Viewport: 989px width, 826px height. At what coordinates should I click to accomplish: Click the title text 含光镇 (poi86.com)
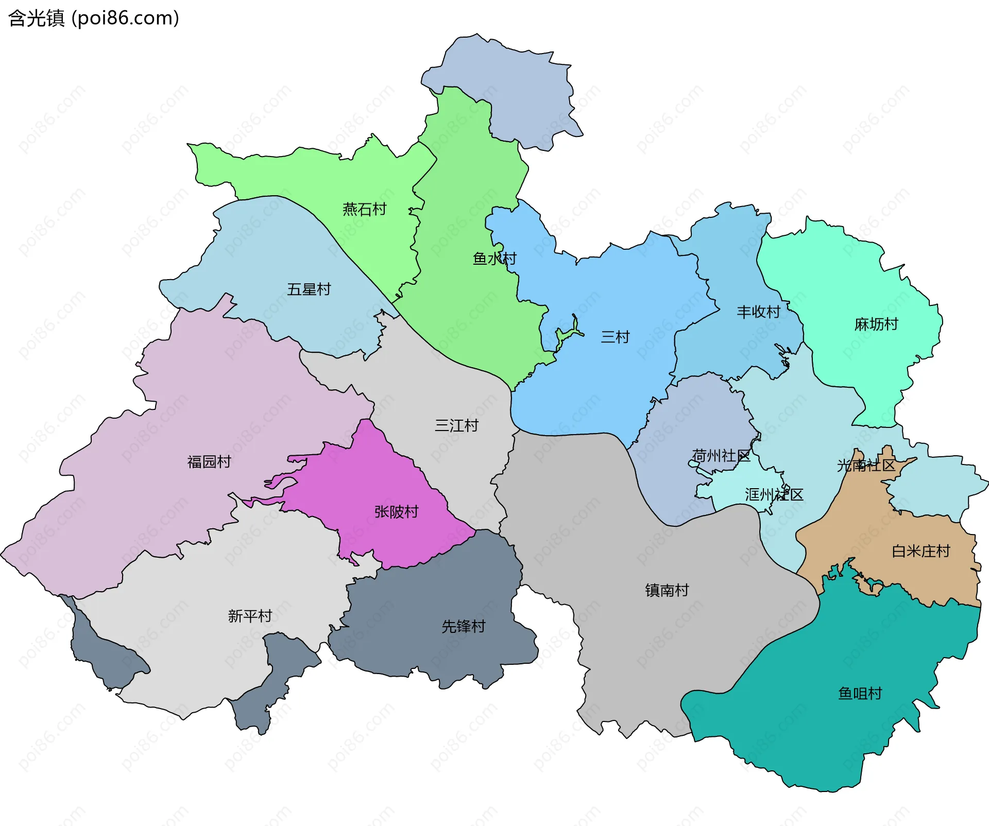pyautogui.click(x=94, y=18)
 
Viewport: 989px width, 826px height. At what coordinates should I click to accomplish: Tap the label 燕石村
pyautogui.click(x=364, y=209)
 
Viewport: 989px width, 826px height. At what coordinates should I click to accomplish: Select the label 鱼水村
pyautogui.click(x=494, y=259)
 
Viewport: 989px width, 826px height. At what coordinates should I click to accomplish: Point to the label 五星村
pyautogui.click(x=309, y=289)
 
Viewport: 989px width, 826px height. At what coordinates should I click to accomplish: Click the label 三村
pyautogui.click(x=615, y=337)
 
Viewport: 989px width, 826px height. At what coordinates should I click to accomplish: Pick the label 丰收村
pyautogui.click(x=758, y=312)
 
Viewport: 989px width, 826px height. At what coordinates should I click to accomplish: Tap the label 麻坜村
pyautogui.click(x=876, y=324)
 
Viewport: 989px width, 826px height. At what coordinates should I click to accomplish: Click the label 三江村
pyautogui.click(x=456, y=426)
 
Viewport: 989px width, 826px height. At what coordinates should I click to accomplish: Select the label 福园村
pyautogui.click(x=209, y=462)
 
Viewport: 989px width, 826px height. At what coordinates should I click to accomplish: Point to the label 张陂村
pyautogui.click(x=396, y=512)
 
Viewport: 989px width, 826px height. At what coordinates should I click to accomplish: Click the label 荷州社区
pyautogui.click(x=721, y=456)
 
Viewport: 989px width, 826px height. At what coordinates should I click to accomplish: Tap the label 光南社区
pyautogui.click(x=866, y=466)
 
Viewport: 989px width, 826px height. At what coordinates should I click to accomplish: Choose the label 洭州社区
pyautogui.click(x=774, y=495)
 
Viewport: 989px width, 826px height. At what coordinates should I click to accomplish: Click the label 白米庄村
pyautogui.click(x=920, y=552)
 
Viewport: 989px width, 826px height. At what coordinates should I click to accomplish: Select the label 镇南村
pyautogui.click(x=667, y=590)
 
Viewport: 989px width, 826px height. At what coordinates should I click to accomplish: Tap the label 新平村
pyautogui.click(x=250, y=616)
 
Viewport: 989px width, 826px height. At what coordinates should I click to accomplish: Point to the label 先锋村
pyautogui.click(x=463, y=627)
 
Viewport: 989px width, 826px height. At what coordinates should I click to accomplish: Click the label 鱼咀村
pyautogui.click(x=860, y=694)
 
